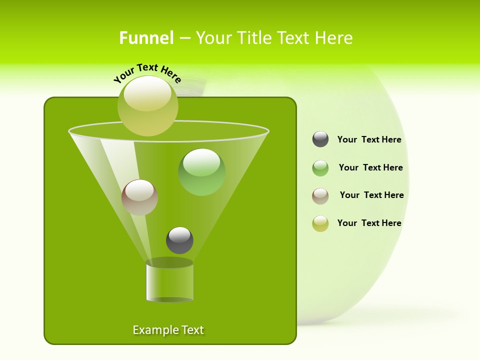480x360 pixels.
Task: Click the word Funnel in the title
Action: pos(146,38)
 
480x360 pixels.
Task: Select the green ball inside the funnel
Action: pos(201,172)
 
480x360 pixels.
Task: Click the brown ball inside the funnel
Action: pos(139,197)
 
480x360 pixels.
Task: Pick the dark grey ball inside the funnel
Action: pos(179,240)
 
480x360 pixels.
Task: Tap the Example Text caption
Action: pos(168,330)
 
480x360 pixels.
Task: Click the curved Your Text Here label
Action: pos(147,73)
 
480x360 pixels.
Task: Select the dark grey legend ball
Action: pos(320,139)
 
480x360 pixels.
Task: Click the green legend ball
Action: pos(320,168)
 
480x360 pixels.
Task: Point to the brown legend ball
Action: pos(320,196)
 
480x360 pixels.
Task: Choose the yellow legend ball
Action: pos(320,223)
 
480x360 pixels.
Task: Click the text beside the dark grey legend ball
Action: pos(369,139)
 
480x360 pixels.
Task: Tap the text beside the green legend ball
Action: pos(370,167)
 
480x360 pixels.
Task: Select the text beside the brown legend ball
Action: pos(371,195)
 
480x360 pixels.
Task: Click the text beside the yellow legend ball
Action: pos(369,223)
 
